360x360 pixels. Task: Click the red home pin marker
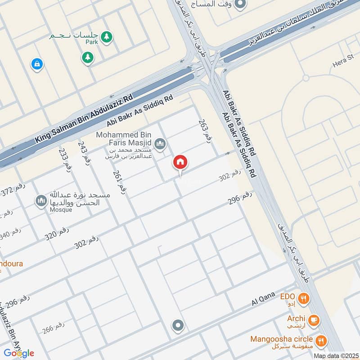pyautogui.click(x=180, y=162)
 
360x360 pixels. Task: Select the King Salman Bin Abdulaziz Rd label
pyautogui.click(x=84, y=119)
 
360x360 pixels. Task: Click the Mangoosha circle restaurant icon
pyautogui.click(x=321, y=340)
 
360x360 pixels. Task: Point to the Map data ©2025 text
pyautogui.click(x=335, y=355)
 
